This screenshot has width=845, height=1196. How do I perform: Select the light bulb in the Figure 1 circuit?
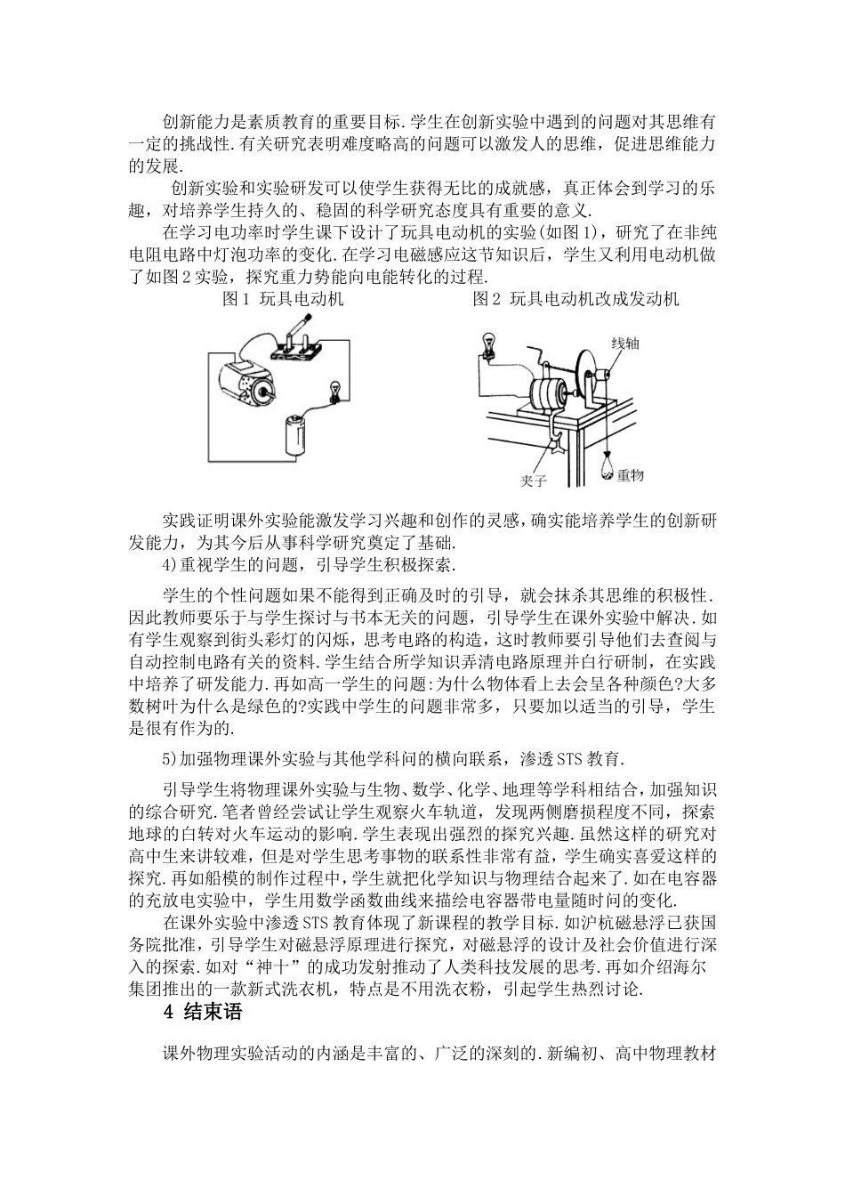click(334, 391)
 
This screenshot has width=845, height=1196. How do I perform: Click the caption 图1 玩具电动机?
click(283, 299)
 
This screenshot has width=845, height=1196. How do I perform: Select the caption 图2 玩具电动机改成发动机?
click(575, 299)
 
